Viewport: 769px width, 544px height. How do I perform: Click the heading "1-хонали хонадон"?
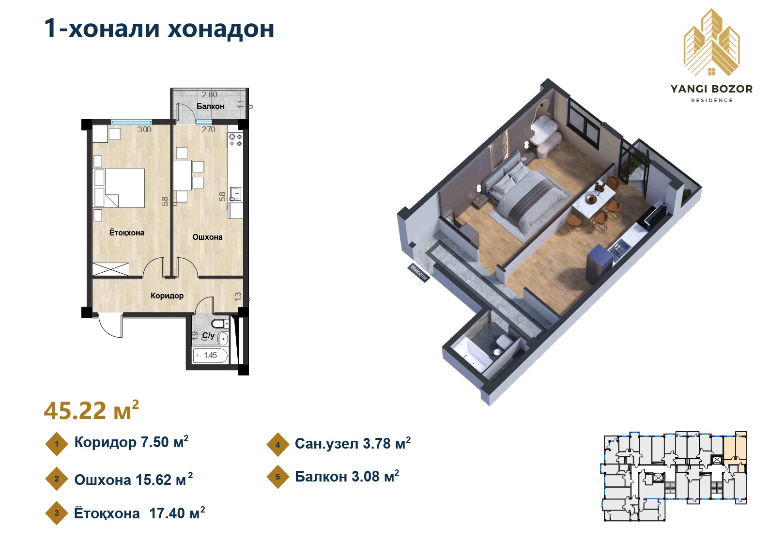[159, 29]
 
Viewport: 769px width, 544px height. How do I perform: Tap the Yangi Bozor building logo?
[711, 44]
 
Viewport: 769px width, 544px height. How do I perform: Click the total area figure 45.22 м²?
[91, 411]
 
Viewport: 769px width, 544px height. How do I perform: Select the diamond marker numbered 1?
[57, 444]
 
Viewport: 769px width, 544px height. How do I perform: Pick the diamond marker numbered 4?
[277, 444]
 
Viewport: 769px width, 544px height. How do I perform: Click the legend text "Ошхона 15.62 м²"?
[133, 480]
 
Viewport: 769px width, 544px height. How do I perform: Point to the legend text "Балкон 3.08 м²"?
[347, 477]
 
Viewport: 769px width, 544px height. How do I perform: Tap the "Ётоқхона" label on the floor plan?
[126, 233]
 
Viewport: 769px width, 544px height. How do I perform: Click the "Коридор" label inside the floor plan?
[167, 295]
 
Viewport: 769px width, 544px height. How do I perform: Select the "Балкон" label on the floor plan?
[210, 106]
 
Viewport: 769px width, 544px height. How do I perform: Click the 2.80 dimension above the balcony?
[209, 94]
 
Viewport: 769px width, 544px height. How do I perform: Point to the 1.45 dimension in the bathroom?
[210, 355]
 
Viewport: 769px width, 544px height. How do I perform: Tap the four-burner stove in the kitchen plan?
[235, 140]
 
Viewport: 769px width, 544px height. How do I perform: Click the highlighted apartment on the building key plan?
[734, 448]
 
